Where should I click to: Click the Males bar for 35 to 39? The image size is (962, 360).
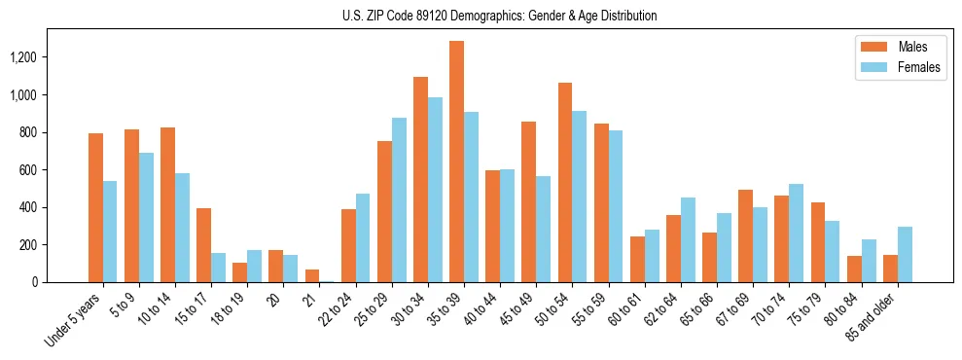click(x=456, y=162)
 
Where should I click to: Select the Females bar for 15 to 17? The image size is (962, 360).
click(x=218, y=268)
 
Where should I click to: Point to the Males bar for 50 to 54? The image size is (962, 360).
click(x=565, y=182)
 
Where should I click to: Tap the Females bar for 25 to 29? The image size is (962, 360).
click(x=399, y=199)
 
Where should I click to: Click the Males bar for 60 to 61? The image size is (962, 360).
click(x=637, y=259)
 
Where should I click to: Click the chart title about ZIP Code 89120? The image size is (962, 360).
click(x=499, y=16)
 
